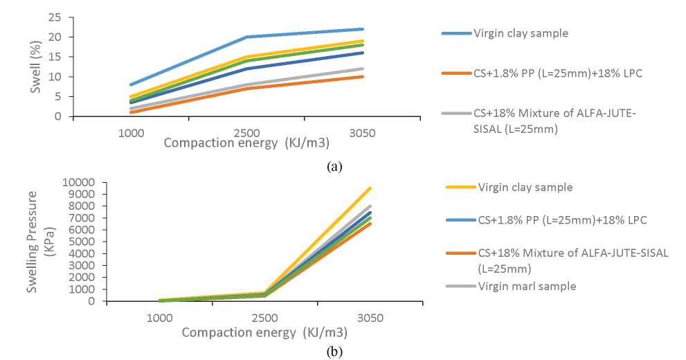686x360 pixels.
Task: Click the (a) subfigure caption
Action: click(x=333, y=166)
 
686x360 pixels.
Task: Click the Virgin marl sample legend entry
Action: click(x=527, y=286)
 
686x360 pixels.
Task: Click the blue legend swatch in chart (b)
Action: click(x=456, y=220)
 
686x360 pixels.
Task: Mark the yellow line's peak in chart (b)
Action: click(x=371, y=188)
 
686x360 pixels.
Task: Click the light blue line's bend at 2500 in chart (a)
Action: click(x=246, y=37)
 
